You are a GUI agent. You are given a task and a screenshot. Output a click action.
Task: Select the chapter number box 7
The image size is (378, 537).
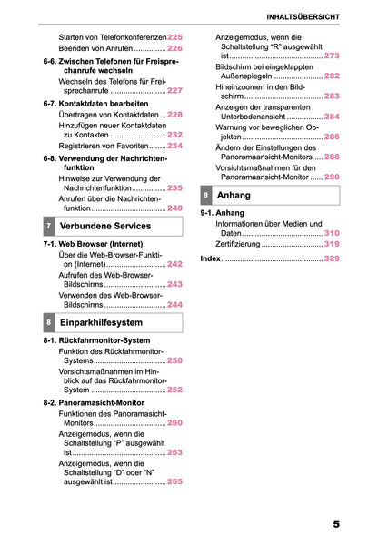(48, 226)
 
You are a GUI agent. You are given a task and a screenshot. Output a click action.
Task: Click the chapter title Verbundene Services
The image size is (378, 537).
(105, 226)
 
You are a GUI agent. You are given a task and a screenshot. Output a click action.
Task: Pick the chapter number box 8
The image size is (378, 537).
(48, 323)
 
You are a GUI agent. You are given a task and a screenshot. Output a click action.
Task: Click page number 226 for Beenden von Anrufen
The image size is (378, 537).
(175, 48)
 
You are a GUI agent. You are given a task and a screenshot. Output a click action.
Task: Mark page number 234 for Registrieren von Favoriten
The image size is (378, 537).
(175, 146)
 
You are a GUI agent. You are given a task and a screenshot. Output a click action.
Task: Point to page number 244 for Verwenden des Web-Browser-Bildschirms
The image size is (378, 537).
(175, 305)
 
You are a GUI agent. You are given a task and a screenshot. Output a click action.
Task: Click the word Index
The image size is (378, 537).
(210, 259)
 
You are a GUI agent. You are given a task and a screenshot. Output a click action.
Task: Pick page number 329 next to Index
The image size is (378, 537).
(332, 259)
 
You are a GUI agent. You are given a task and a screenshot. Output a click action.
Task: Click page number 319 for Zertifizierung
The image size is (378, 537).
(332, 244)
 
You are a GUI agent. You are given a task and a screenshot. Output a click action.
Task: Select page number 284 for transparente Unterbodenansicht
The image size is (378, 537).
(332, 117)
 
